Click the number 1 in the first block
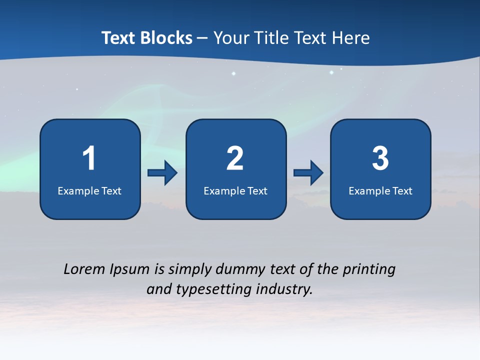89,158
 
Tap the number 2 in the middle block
235,158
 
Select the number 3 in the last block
380,158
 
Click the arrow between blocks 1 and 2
162,173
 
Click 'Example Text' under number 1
89,191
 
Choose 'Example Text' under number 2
235,191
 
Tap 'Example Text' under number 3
380,191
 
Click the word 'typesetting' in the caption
208,289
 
